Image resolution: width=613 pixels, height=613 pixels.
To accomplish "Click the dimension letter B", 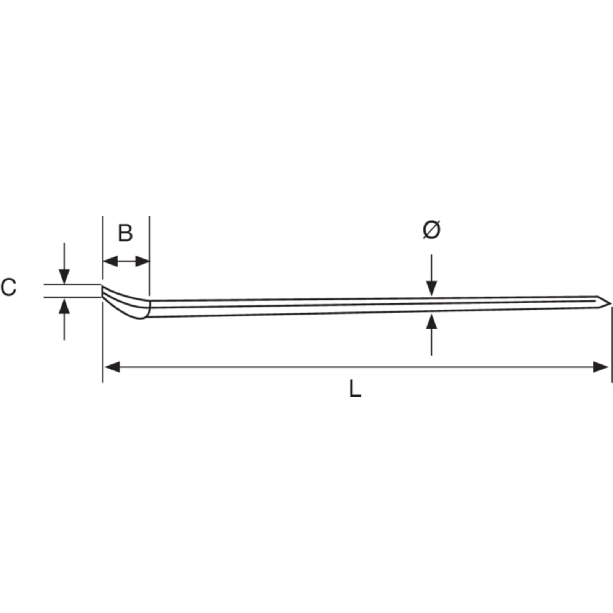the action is point(125,233).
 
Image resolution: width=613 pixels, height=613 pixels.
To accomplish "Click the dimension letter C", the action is point(8,287).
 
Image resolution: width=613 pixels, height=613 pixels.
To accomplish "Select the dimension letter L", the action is point(355,388).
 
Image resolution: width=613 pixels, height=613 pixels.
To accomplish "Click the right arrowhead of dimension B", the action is point(143,262).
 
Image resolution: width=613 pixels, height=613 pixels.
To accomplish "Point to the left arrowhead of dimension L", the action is point(112,367).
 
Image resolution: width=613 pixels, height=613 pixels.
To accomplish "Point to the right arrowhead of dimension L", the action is point(600,367).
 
